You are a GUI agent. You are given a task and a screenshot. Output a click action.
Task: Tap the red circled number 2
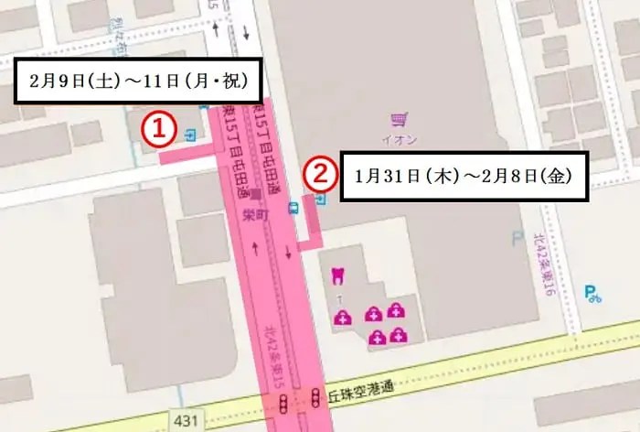pos(317,172)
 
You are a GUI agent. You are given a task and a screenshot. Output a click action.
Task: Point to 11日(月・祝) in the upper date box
pos(196,80)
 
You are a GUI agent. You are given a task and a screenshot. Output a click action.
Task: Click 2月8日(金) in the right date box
pos(530,176)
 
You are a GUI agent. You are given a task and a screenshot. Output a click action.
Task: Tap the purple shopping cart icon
pos(398,120)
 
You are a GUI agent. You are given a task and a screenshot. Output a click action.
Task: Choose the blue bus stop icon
pos(293,207)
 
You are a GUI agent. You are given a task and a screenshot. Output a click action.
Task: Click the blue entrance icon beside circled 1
pos(188,135)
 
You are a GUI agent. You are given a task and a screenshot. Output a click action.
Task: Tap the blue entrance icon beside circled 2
pos(320,198)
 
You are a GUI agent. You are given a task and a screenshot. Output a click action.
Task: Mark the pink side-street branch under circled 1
pos(187,157)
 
